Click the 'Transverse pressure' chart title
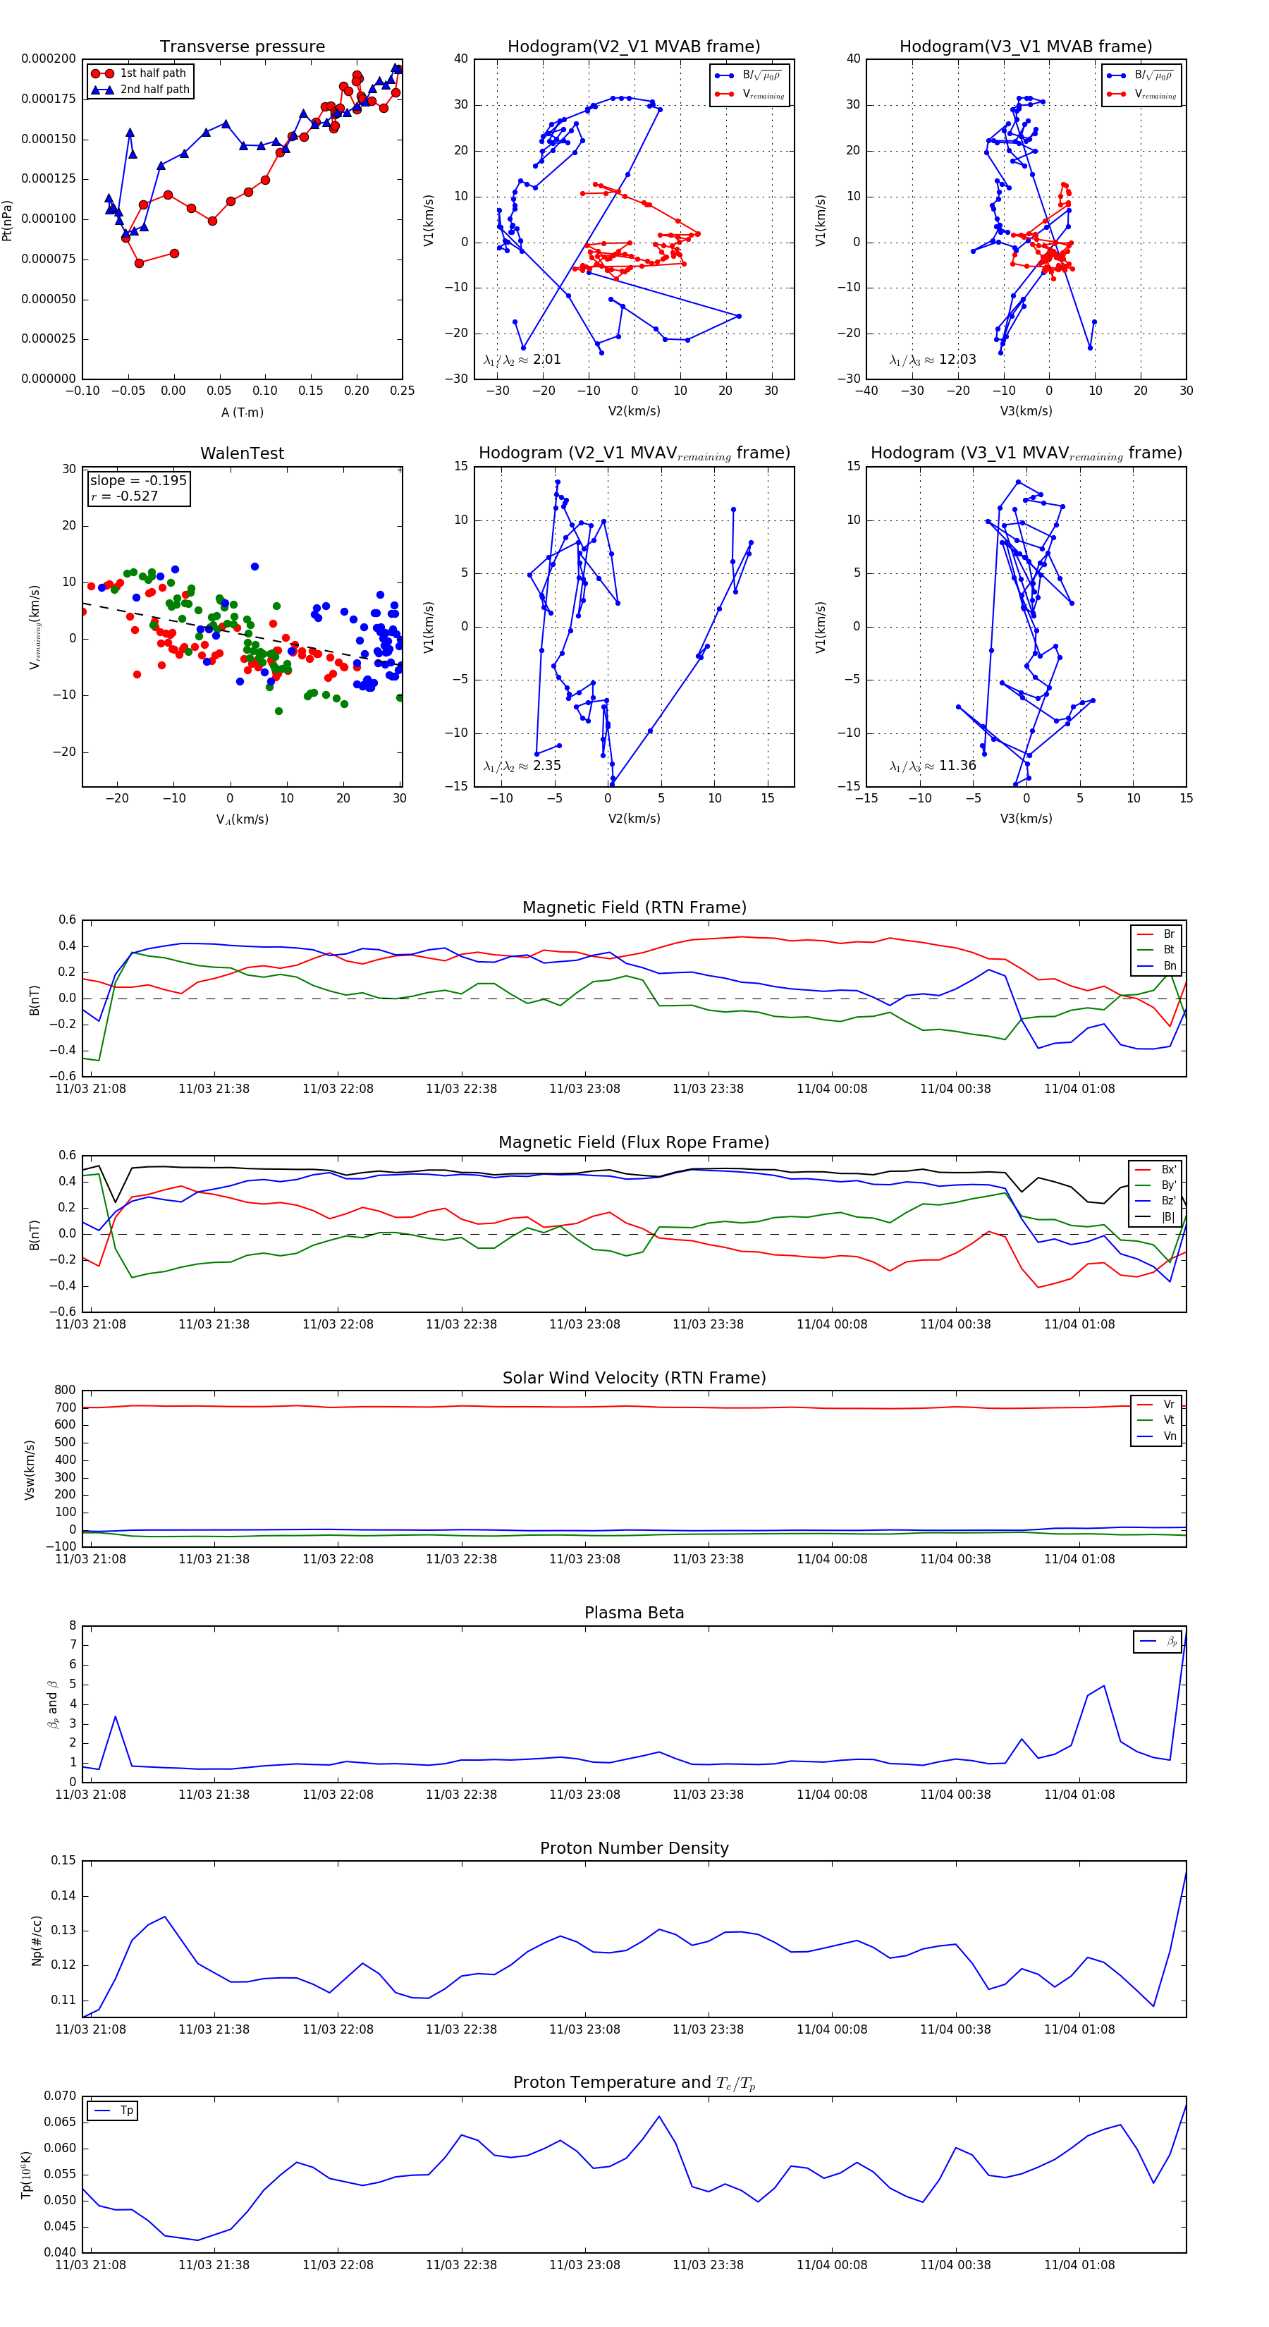[242, 47]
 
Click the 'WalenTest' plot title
[242, 453]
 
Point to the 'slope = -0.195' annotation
[138, 481]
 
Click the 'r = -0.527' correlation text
[125, 496]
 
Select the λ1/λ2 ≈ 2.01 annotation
[522, 360]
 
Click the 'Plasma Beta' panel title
[634, 1613]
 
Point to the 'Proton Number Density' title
[634, 1848]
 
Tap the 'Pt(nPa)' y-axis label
[7, 219]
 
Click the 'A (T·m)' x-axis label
[242, 413]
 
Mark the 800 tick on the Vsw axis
[65, 1391]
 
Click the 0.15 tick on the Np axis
[63, 1860]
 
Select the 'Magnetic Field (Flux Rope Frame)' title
[634, 1143]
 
